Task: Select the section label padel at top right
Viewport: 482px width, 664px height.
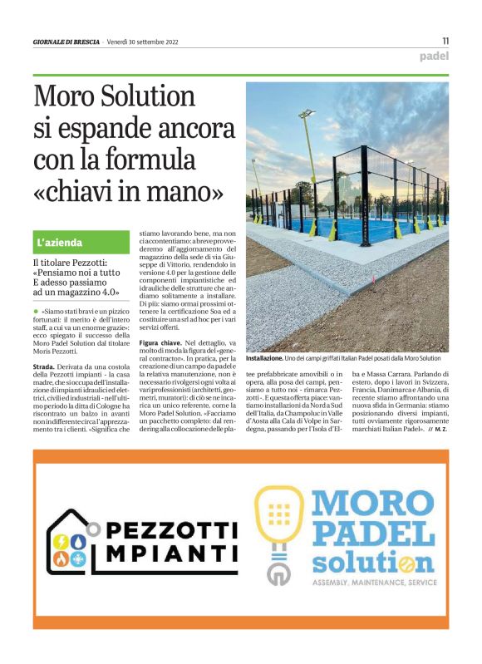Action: point(434,57)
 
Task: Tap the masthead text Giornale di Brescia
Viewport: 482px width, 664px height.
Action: point(66,42)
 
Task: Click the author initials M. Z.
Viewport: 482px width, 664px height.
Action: point(440,430)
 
